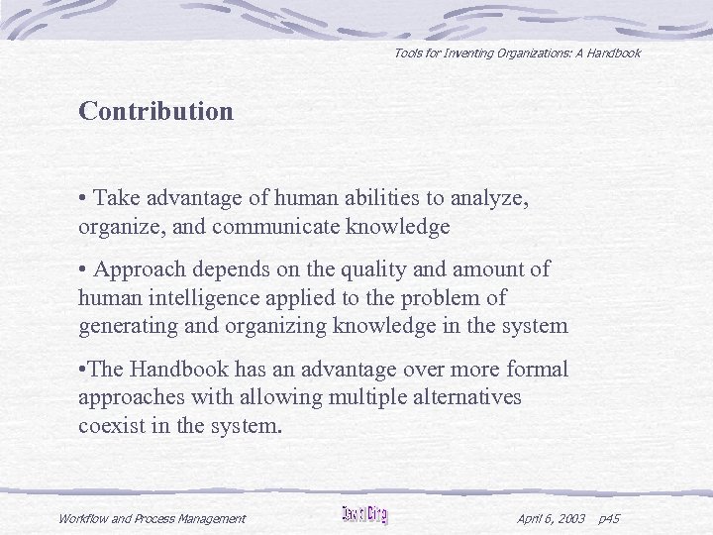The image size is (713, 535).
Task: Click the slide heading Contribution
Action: [x=156, y=111]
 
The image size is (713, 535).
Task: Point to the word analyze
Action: [x=493, y=199]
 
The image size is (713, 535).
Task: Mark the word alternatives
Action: [x=459, y=397]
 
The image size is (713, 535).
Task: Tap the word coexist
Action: [x=112, y=425]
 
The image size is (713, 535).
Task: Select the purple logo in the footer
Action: [x=364, y=515]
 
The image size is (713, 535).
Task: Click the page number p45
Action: [x=609, y=518]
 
